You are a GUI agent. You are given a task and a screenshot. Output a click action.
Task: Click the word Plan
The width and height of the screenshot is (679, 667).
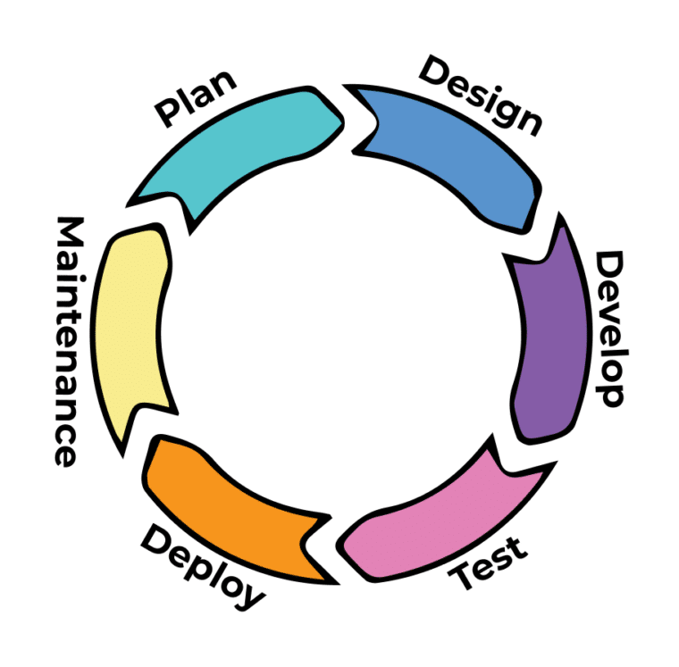[x=197, y=98]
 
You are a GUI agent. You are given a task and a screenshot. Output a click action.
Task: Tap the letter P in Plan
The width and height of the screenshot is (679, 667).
[x=168, y=113]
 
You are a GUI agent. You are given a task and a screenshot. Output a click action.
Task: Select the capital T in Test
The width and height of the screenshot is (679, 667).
[x=468, y=579]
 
